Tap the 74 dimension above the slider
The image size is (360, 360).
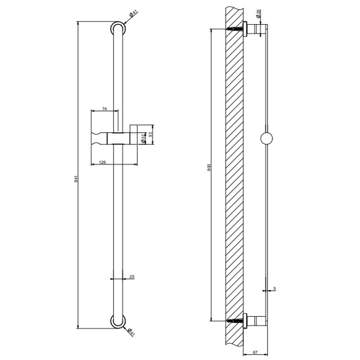[104, 109]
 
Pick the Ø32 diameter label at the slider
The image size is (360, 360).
[144, 138]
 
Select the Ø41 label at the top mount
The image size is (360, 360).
[132, 16]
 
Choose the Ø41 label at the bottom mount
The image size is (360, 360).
[131, 332]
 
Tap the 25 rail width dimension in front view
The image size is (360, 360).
[132, 277]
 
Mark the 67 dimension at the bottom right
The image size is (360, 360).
[255, 353]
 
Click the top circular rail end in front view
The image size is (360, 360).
[118, 28]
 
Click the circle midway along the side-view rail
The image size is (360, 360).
[267, 138]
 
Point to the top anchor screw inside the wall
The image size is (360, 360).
[235, 29]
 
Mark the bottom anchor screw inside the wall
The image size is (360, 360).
[235, 320]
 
